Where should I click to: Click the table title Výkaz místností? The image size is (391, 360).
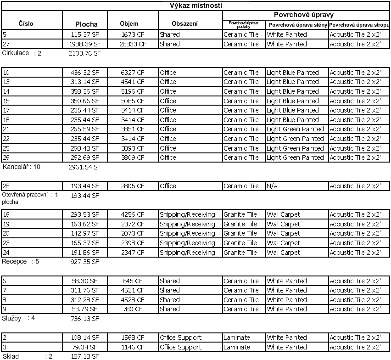coord(196,6)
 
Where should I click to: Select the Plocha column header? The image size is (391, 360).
coord(86,24)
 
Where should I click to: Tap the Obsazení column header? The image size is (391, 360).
coord(185,23)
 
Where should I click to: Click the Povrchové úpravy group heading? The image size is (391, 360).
coord(303,15)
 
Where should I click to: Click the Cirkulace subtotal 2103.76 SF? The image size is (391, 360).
coord(84,53)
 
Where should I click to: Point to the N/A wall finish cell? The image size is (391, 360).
coord(273,186)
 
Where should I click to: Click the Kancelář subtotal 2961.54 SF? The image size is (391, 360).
coord(84,167)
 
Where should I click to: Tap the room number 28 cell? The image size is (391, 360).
coord(6,186)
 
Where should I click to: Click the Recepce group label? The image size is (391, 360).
coord(15,261)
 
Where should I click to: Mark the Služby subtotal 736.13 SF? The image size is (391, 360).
coord(84,318)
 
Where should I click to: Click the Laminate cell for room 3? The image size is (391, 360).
coord(237,347)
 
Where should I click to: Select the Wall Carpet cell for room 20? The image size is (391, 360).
coord(284,233)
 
